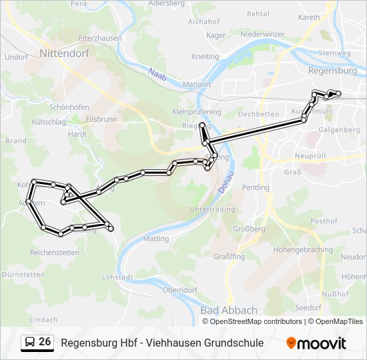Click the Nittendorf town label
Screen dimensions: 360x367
coord(65,52)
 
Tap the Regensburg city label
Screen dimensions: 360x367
coord(332,70)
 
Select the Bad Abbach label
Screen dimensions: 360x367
coord(228,310)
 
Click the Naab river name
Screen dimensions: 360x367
coord(157,74)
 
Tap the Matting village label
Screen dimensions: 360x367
coord(156,238)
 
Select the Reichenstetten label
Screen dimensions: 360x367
coord(54,253)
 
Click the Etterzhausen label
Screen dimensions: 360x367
coord(100,38)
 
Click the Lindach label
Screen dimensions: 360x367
coord(44,319)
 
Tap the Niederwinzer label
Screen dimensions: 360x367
coord(262,33)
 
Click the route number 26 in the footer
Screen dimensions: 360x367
coord(45,342)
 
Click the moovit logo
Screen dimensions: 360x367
coord(316,343)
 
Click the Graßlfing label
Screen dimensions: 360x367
coord(229,257)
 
